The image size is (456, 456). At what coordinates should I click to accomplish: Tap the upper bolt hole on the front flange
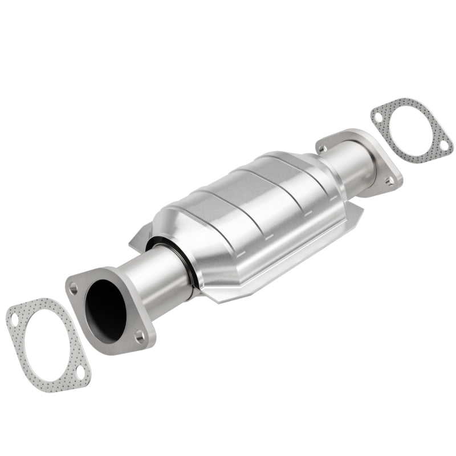click(x=74, y=288)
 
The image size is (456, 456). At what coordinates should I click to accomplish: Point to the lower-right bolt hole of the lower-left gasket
click(x=81, y=373)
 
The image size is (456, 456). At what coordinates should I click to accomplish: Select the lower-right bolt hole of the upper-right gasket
click(x=442, y=146)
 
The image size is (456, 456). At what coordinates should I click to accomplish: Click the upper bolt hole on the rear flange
click(x=324, y=148)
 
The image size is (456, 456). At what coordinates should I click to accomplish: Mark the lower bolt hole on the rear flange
click(x=389, y=181)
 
